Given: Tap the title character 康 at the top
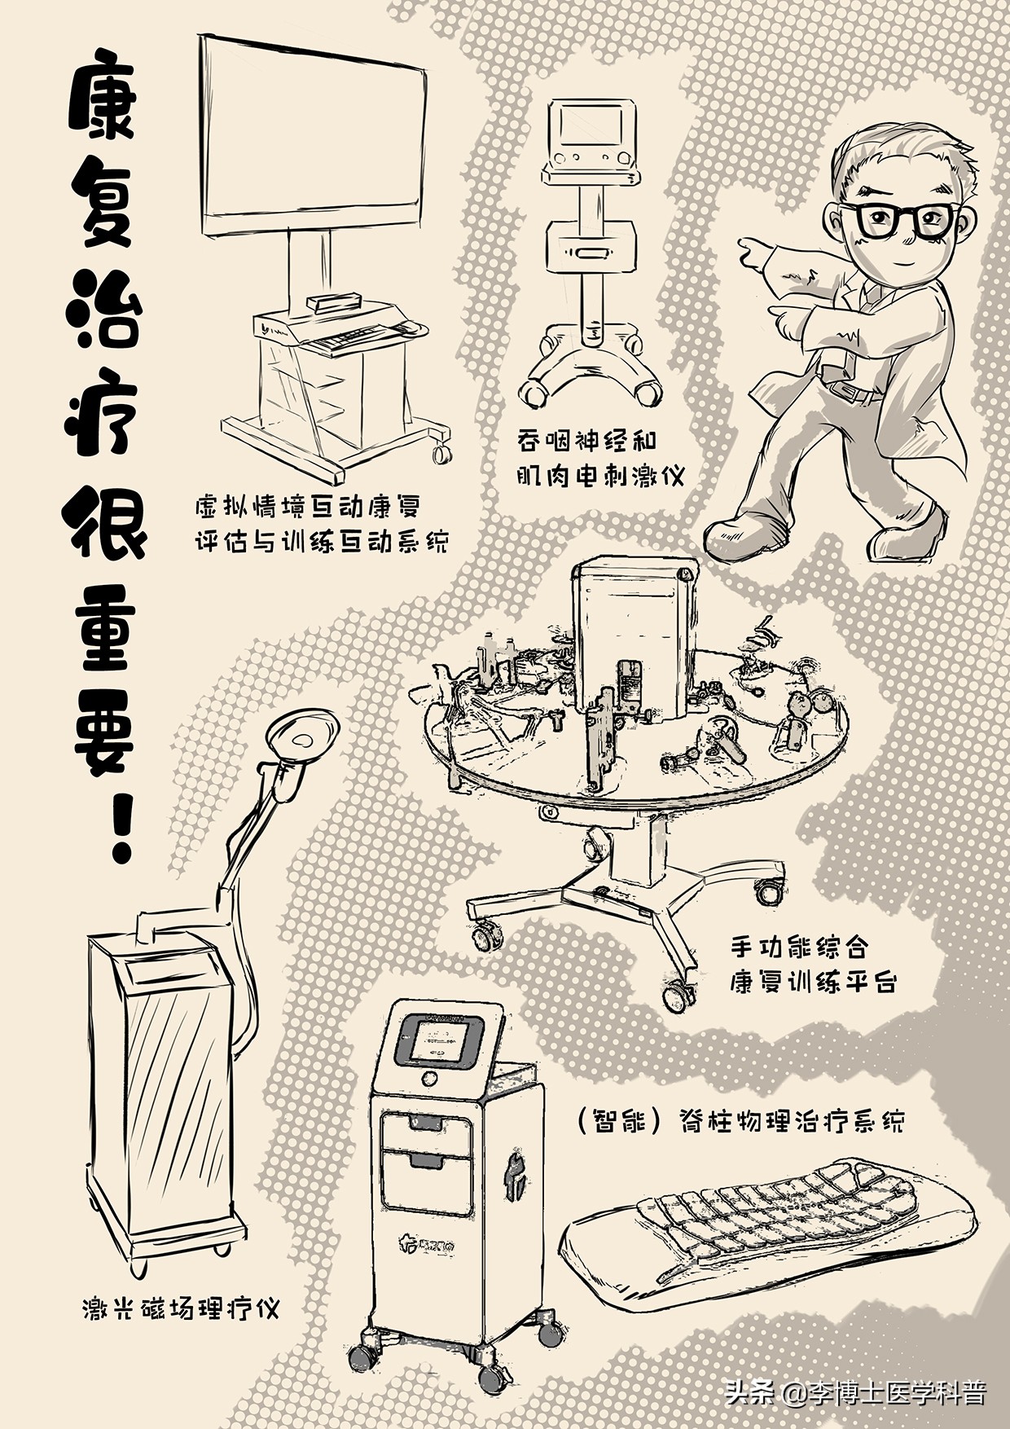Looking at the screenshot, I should point(104,102).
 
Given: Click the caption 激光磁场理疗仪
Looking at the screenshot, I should point(181,1309).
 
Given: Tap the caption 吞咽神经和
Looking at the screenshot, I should point(586,441).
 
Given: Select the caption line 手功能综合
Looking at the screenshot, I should point(798,948).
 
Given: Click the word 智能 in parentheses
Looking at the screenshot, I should point(622,1123).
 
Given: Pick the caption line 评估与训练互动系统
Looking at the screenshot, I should point(322,542).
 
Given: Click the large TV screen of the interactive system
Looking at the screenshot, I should point(314,134).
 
